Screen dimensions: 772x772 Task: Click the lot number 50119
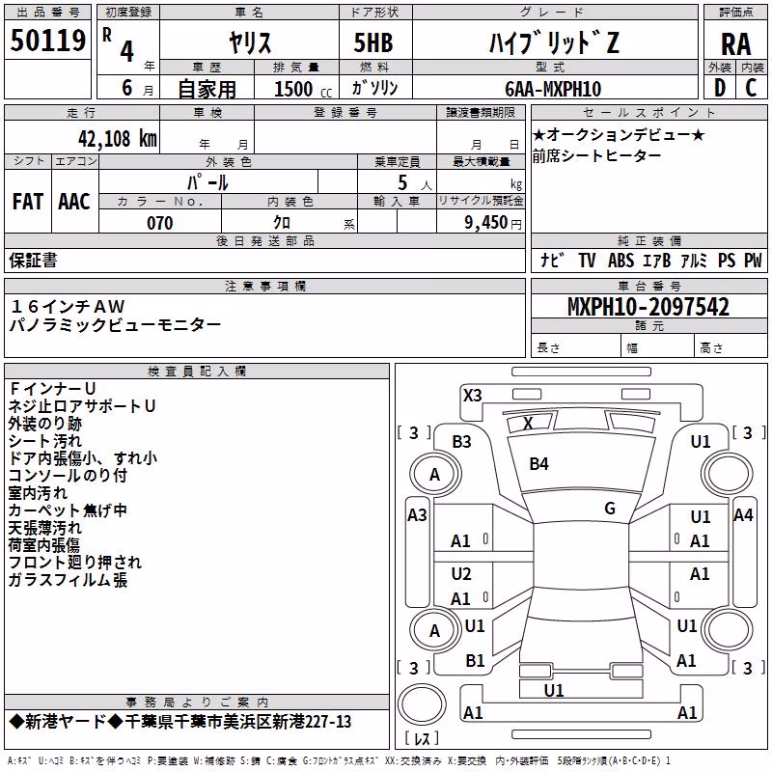tap(47, 41)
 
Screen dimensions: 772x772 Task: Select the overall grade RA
tap(735, 44)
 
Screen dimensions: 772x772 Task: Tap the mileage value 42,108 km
tap(118, 139)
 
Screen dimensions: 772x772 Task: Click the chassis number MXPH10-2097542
tap(648, 307)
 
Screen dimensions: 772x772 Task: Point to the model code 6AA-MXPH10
tap(553, 89)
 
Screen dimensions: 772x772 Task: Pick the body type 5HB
tap(373, 42)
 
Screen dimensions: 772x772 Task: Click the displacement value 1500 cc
tap(303, 89)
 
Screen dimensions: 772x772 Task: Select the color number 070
tap(160, 223)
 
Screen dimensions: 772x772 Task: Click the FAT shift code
tap(28, 202)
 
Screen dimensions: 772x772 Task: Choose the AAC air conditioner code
tap(74, 202)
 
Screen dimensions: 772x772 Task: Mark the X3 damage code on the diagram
tap(473, 396)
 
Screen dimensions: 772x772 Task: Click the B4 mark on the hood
tap(538, 464)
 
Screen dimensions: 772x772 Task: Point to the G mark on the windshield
tap(610, 509)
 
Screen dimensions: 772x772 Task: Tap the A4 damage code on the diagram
tap(743, 515)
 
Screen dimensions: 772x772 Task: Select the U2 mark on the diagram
tap(461, 573)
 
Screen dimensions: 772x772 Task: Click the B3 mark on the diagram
tap(462, 442)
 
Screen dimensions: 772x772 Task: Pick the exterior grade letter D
tap(720, 88)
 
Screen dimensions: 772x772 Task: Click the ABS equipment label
tap(620, 260)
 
